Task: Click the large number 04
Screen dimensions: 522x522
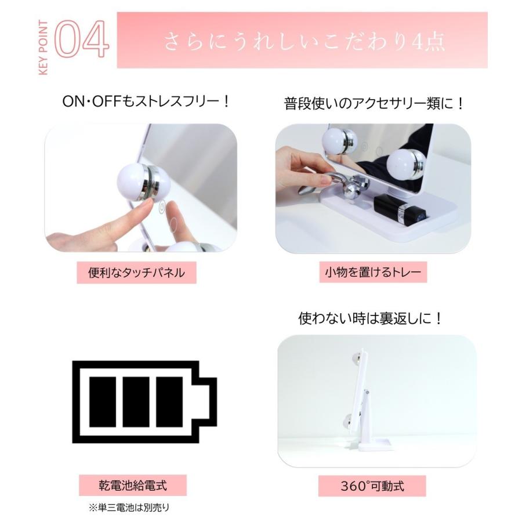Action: pyautogui.click(x=81, y=39)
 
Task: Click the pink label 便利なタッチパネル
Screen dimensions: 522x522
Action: pyautogui.click(x=136, y=272)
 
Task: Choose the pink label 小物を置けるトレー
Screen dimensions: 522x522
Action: pyautogui.click(x=372, y=271)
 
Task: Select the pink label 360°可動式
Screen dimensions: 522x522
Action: pyautogui.click(x=372, y=485)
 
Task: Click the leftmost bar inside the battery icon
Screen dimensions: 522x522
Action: pyautogui.click(x=104, y=401)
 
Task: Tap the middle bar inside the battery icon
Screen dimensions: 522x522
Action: pyautogui.click(x=137, y=401)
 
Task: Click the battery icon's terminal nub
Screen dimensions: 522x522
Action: pyautogui.click(x=207, y=401)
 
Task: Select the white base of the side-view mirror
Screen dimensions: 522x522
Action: pyautogui.click(x=374, y=445)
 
